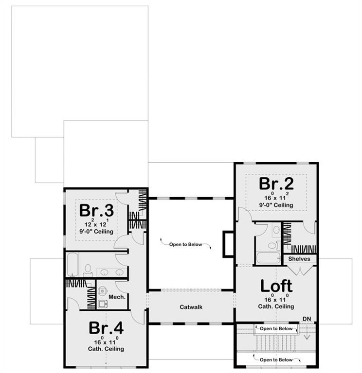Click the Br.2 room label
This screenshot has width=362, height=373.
click(x=276, y=184)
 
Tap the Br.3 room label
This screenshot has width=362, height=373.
click(x=96, y=210)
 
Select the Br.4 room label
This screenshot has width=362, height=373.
click(x=106, y=328)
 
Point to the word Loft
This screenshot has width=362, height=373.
click(x=276, y=286)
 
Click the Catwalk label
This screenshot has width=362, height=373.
click(x=191, y=307)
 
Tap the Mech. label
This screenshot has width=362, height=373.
click(x=117, y=297)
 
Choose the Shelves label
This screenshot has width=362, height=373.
click(x=299, y=259)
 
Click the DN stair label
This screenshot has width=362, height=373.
click(x=307, y=319)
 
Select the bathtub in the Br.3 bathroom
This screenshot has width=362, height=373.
click(x=72, y=265)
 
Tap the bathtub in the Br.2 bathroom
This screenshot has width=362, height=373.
click(x=269, y=258)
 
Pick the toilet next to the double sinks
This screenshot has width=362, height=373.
click(x=88, y=270)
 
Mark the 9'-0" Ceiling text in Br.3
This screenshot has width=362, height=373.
click(x=96, y=232)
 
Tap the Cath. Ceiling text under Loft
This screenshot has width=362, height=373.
click(x=276, y=306)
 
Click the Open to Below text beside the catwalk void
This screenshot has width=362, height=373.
click(x=186, y=244)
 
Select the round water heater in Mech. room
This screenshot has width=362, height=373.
click(x=103, y=290)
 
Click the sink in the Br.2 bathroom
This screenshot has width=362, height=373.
click(x=276, y=230)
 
